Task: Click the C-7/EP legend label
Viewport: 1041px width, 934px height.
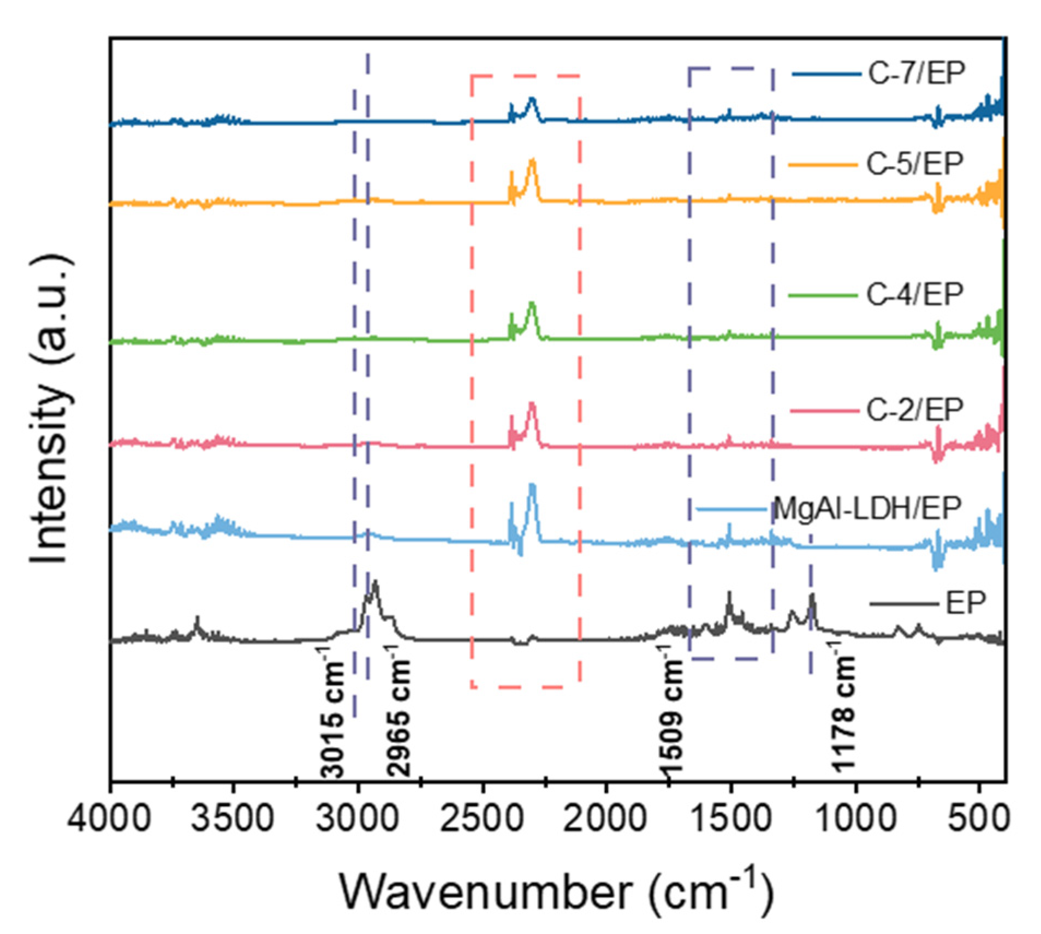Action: pos(916,73)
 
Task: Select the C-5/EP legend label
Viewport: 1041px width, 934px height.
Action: pos(914,163)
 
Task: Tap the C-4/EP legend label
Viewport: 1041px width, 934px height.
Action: pos(914,295)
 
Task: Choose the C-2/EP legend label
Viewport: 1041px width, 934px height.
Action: pos(914,409)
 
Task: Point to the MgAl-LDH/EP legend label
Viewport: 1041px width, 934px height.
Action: pos(867,508)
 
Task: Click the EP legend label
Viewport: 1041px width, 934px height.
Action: pos(966,603)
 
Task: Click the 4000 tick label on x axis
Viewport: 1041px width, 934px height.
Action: pos(109,819)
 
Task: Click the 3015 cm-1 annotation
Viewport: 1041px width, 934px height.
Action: pos(332,713)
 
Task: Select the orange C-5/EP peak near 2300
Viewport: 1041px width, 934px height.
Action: pos(532,161)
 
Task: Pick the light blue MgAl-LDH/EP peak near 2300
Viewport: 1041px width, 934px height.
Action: pos(532,486)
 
